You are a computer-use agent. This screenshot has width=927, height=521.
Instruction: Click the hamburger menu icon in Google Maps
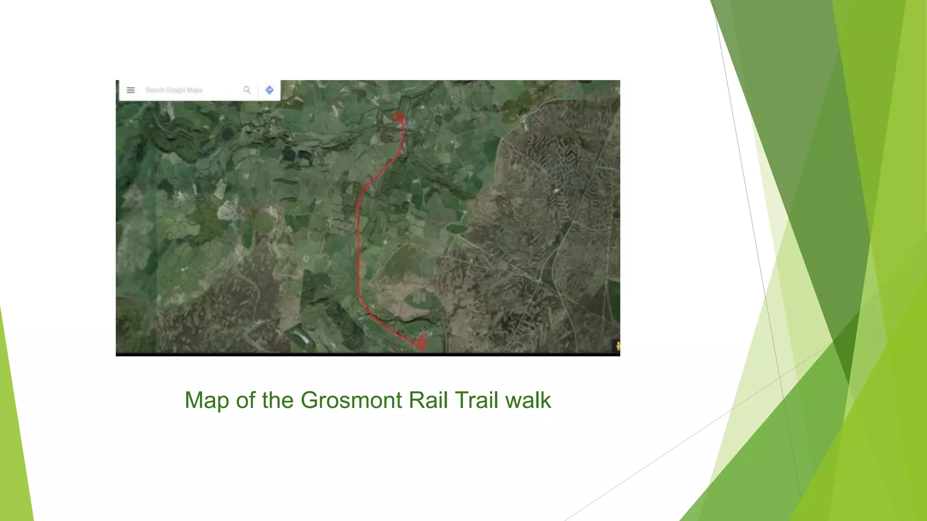(x=130, y=90)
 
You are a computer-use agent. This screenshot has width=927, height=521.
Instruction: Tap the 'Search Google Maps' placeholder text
(x=174, y=90)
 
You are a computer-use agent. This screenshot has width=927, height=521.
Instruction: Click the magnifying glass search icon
(x=247, y=90)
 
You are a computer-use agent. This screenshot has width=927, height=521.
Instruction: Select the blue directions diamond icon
(x=269, y=90)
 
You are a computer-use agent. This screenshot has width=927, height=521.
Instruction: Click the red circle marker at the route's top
(x=398, y=117)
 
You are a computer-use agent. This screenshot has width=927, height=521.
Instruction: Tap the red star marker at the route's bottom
(x=421, y=342)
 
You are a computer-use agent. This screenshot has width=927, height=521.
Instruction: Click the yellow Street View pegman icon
(x=617, y=346)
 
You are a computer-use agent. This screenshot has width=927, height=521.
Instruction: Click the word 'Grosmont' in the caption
(x=351, y=400)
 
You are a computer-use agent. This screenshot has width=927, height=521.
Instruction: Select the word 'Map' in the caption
(x=207, y=400)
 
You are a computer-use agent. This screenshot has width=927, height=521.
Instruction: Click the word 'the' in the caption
(x=277, y=400)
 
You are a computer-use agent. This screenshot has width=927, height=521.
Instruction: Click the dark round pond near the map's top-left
(x=227, y=133)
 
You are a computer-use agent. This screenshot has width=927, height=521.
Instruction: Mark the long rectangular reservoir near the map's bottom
(x=301, y=337)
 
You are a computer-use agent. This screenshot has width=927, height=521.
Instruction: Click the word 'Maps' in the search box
(x=195, y=90)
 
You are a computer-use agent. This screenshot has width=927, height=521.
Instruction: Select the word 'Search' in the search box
(x=155, y=90)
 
